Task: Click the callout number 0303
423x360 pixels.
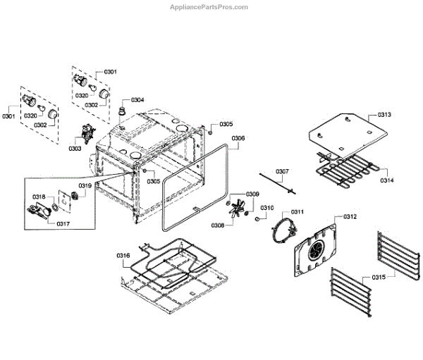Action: click(x=75, y=149)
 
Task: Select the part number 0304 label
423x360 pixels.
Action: click(x=137, y=100)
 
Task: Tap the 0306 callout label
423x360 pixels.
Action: click(x=238, y=138)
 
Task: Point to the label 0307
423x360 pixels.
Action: click(x=282, y=172)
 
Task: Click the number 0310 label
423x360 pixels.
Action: click(x=267, y=208)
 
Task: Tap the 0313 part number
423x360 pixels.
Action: click(x=384, y=115)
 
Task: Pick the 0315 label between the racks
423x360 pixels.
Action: click(x=379, y=278)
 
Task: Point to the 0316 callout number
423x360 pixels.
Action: click(x=123, y=255)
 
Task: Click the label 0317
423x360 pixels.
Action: click(x=63, y=223)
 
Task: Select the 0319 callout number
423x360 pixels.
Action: click(x=85, y=186)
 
